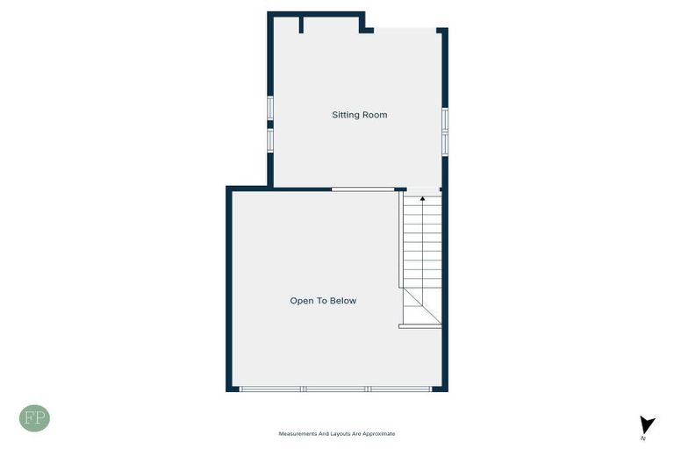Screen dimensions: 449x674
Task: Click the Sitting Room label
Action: point(359,115)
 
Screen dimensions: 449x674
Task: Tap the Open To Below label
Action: point(323,301)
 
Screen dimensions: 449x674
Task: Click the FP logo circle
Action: point(34,418)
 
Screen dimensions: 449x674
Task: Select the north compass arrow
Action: point(647,424)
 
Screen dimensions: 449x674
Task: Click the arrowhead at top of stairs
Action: point(422,199)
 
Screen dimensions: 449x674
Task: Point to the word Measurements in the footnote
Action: point(298,433)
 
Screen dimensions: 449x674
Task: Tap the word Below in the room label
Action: point(343,301)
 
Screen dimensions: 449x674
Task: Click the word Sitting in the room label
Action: point(344,115)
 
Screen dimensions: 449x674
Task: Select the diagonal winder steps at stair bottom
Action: point(421,306)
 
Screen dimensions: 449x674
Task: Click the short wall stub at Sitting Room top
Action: point(301,25)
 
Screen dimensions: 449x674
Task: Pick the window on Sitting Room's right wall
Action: point(445,132)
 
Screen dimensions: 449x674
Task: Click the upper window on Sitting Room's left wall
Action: point(270,107)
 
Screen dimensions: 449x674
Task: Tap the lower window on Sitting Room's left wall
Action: point(270,139)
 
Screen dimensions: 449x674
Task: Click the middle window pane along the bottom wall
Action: point(335,388)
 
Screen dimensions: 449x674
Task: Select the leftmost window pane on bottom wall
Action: point(270,388)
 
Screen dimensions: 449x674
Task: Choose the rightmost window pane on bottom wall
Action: point(399,388)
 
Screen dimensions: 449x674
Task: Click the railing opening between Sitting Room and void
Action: point(362,189)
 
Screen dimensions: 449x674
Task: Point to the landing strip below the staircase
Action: point(420,326)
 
